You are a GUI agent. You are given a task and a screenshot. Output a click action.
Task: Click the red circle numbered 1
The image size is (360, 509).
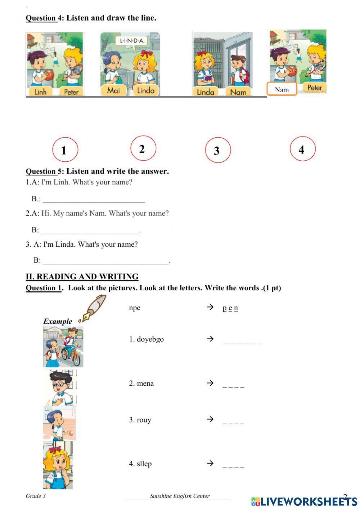[x=65, y=150]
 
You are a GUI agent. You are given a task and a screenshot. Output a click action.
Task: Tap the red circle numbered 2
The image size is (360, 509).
[x=143, y=148]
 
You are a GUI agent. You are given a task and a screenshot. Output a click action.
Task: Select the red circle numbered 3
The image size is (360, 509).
[x=217, y=150]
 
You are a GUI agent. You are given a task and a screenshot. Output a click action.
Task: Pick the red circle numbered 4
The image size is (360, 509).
[x=302, y=149]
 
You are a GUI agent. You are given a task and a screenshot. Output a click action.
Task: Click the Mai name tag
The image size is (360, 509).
[x=113, y=90]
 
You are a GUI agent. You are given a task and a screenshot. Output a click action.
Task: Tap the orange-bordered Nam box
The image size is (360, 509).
[x=282, y=89]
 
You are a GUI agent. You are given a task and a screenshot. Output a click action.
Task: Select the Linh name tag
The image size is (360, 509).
[x=40, y=92]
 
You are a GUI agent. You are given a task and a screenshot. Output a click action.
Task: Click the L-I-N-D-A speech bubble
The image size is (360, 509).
[x=131, y=41]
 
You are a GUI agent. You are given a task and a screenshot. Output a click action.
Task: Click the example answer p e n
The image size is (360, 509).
[x=230, y=308]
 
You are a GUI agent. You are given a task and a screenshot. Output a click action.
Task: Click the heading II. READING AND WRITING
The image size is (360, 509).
[x=82, y=277]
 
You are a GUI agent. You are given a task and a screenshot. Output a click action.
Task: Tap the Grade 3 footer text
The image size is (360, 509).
[x=36, y=496]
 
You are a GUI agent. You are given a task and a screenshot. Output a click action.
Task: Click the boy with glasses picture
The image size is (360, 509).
[x=60, y=388]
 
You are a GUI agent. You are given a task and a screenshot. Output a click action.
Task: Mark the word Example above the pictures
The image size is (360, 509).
[x=58, y=321]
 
